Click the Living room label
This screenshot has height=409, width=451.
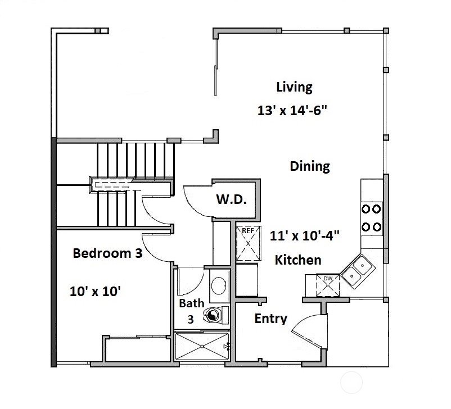click(x=294, y=87)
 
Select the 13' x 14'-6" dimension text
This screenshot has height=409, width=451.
click(x=292, y=110)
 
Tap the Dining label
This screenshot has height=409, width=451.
click(x=309, y=166)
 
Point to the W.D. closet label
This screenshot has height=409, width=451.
click(x=231, y=200)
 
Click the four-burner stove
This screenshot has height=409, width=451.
click(x=371, y=218)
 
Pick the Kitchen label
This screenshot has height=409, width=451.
click(x=297, y=260)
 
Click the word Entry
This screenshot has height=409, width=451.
click(x=270, y=319)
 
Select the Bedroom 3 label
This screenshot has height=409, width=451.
click(x=107, y=253)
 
